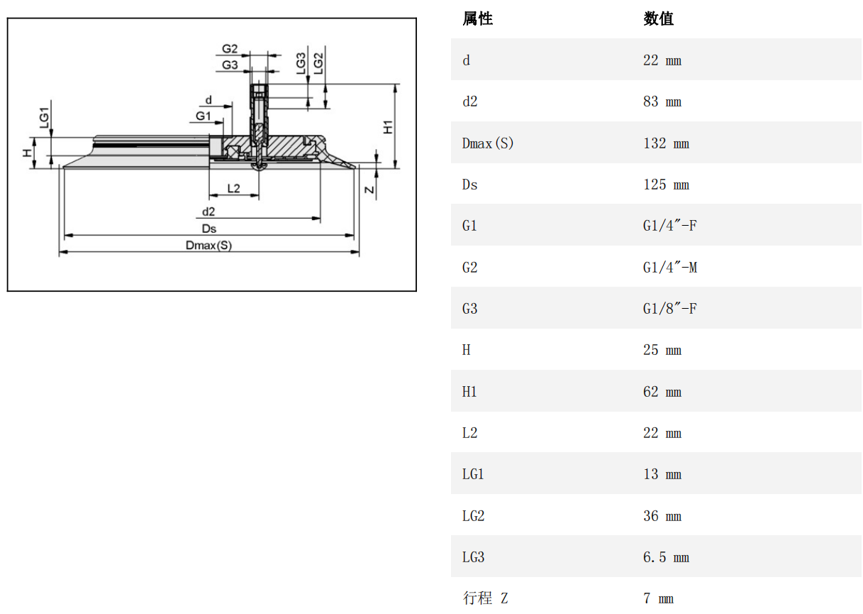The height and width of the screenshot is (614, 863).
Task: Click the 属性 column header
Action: [477, 19]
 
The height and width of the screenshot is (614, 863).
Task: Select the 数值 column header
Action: [658, 19]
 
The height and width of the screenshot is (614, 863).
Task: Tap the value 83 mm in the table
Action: [662, 102]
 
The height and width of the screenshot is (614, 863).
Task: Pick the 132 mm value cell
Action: [666, 143]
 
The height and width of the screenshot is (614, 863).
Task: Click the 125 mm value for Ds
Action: [666, 185]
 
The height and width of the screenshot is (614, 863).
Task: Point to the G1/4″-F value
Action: [670, 226]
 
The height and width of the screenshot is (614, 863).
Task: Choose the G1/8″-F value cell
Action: [670, 309]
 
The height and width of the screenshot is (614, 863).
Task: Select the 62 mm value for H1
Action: [662, 392]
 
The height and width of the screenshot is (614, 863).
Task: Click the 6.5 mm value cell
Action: [666, 557]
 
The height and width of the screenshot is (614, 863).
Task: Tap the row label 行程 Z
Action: [486, 598]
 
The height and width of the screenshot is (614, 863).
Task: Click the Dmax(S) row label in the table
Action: [488, 143]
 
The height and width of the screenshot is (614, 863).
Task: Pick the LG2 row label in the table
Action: [473, 516]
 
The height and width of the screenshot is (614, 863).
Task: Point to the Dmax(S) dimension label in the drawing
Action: [208, 246]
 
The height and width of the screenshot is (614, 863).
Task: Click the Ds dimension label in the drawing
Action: [208, 229]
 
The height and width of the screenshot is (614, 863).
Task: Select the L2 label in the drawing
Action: [233, 188]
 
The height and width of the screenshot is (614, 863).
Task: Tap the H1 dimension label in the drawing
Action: [388, 128]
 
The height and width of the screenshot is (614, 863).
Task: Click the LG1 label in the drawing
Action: [44, 117]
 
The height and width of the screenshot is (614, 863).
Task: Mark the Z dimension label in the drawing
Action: [369, 190]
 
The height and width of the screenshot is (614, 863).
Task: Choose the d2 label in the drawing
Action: [208, 212]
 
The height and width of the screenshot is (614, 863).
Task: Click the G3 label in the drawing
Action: [230, 65]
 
